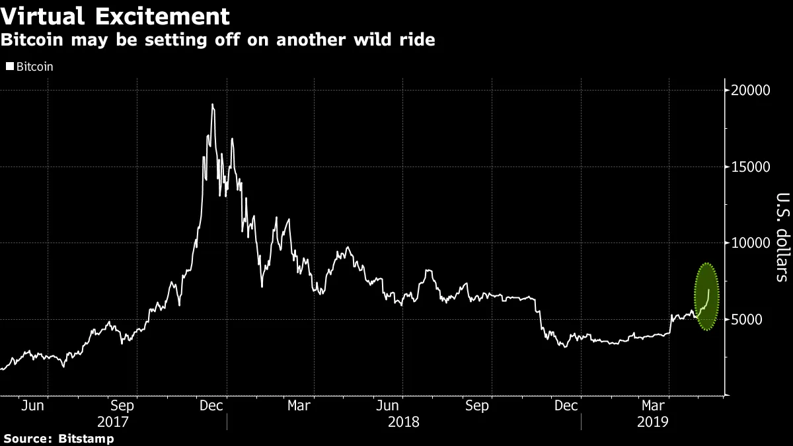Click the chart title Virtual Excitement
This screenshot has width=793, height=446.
(116, 15)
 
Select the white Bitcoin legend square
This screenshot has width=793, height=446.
(9, 67)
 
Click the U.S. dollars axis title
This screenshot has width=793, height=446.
(782, 237)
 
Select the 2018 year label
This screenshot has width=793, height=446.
(403, 421)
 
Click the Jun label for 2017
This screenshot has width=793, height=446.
(32, 405)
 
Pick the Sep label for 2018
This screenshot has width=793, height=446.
(477, 405)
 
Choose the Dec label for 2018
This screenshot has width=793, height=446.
(566, 405)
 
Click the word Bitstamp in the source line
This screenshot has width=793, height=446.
(86, 439)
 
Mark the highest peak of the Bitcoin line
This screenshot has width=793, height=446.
(212, 104)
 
